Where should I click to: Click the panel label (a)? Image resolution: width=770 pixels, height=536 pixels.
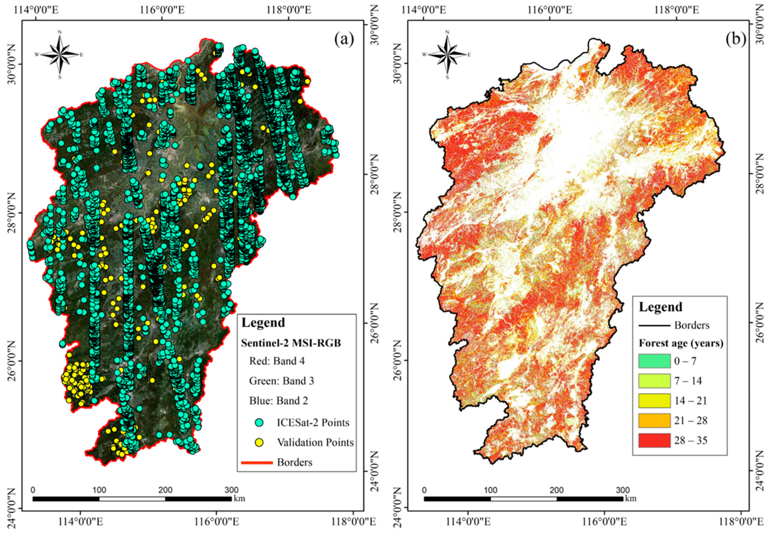344,40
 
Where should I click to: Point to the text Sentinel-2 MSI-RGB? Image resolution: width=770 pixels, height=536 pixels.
291,343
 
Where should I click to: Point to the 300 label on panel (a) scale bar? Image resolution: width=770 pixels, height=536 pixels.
231,490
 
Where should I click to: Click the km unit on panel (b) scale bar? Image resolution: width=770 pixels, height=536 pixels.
631,498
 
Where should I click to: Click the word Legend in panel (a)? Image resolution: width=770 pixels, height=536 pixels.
263,322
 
